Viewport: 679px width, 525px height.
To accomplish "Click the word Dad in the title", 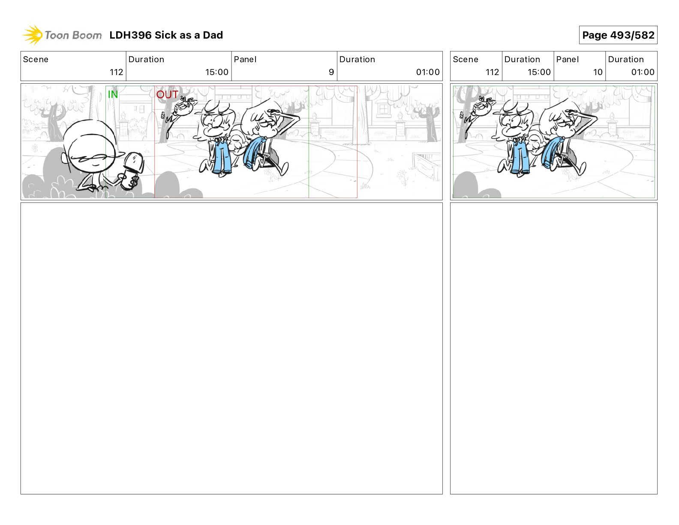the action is point(213,35).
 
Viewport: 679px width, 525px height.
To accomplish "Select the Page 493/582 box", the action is point(618,35).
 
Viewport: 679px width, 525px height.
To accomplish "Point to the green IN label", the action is point(113,94).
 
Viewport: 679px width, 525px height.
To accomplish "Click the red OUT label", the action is point(167,94).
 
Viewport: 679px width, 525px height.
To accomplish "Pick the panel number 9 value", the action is point(331,72).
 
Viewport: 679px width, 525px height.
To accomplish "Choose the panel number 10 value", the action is point(598,72).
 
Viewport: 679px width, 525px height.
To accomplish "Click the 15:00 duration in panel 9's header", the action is point(217,72).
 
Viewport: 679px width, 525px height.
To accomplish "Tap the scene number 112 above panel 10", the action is point(492,72).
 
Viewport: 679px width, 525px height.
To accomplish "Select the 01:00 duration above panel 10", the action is point(643,72).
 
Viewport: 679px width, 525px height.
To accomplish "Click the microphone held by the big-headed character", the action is point(133,170).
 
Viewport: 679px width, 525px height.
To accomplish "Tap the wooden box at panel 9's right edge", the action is point(426,166).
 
